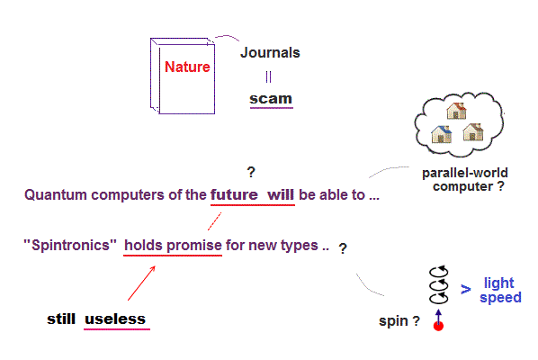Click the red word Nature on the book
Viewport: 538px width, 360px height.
click(187, 67)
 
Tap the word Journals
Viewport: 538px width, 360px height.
click(270, 52)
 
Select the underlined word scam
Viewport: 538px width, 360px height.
click(271, 99)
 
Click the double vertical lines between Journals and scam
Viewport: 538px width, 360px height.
click(268, 76)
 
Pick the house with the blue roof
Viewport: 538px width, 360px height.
click(441, 134)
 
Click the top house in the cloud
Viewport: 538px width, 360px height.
click(456, 111)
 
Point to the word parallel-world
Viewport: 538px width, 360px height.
click(465, 173)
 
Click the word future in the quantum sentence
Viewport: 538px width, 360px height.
click(234, 194)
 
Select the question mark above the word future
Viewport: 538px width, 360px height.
click(251, 172)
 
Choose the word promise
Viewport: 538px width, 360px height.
click(194, 246)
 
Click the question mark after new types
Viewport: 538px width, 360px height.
click(343, 248)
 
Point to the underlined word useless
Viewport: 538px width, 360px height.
click(115, 319)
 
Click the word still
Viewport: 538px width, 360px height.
click(61, 319)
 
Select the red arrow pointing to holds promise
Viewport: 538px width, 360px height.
click(141, 283)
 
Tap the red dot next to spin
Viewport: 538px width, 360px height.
click(438, 326)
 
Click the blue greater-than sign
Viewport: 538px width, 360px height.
click(466, 289)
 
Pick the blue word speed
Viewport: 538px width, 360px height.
click(500, 298)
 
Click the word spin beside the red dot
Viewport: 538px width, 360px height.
click(393, 321)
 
